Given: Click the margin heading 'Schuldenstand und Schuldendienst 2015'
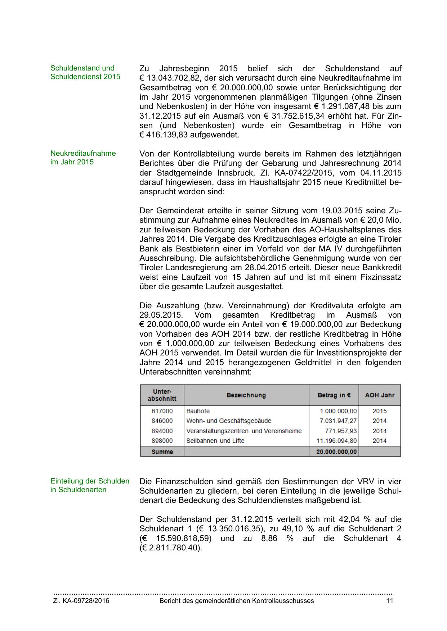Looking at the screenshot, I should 85,72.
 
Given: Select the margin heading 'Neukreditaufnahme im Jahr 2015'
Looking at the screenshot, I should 83,158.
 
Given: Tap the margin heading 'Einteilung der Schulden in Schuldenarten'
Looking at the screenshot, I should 90,485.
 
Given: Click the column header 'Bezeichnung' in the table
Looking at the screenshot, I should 246,395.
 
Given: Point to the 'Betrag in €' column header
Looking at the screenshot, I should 334,395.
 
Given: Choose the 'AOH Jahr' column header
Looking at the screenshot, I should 380,395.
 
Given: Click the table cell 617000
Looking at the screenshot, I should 162,411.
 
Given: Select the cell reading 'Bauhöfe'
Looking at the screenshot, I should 198,411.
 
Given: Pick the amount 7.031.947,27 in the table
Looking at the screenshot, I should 338,421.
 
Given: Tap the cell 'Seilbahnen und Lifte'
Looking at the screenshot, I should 215,441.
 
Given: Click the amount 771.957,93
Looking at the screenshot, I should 340,431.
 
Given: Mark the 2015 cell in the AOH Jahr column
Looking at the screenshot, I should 380,411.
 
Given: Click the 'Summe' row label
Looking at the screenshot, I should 162,452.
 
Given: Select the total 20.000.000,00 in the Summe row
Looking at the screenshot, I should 336,452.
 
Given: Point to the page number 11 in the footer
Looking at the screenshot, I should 389,601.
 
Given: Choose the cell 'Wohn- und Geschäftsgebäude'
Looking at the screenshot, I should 229,421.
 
